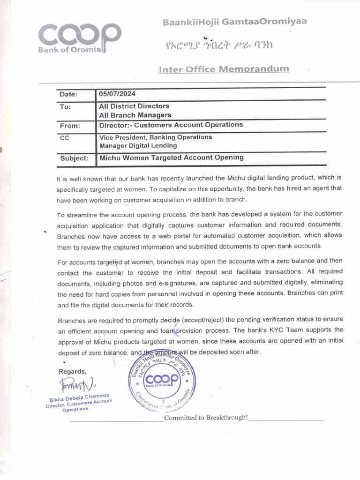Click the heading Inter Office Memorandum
[224, 69]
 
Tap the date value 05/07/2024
[117, 94]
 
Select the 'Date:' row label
[68, 95]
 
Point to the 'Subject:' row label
[74, 158]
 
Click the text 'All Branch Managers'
[135, 115]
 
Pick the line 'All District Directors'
[134, 106]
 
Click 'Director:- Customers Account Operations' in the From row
[171, 125]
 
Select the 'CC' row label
[65, 138]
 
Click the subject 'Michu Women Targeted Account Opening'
[171, 157]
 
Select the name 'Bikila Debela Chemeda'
[80, 398]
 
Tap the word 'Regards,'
[72, 371]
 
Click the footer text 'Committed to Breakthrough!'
[205, 418]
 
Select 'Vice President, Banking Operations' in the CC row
[155, 137]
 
